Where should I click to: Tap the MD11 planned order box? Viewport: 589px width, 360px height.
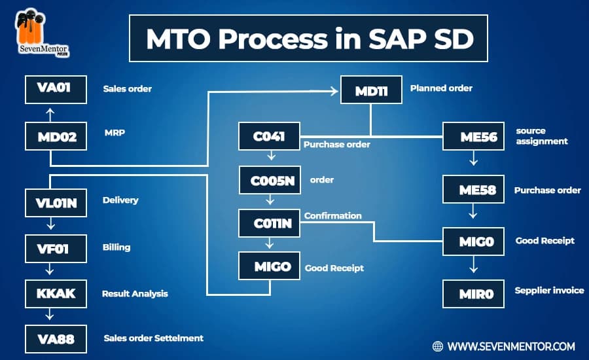(371, 91)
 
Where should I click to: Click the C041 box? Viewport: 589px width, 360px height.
(268, 137)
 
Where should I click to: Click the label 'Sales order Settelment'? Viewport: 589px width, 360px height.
(153, 338)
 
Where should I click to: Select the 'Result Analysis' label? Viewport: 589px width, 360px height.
(135, 294)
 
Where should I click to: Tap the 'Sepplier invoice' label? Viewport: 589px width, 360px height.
(549, 291)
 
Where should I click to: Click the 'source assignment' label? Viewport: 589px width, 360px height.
(541, 136)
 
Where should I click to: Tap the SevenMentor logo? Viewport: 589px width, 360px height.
(41, 33)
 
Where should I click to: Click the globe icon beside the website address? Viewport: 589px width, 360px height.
(438, 346)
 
